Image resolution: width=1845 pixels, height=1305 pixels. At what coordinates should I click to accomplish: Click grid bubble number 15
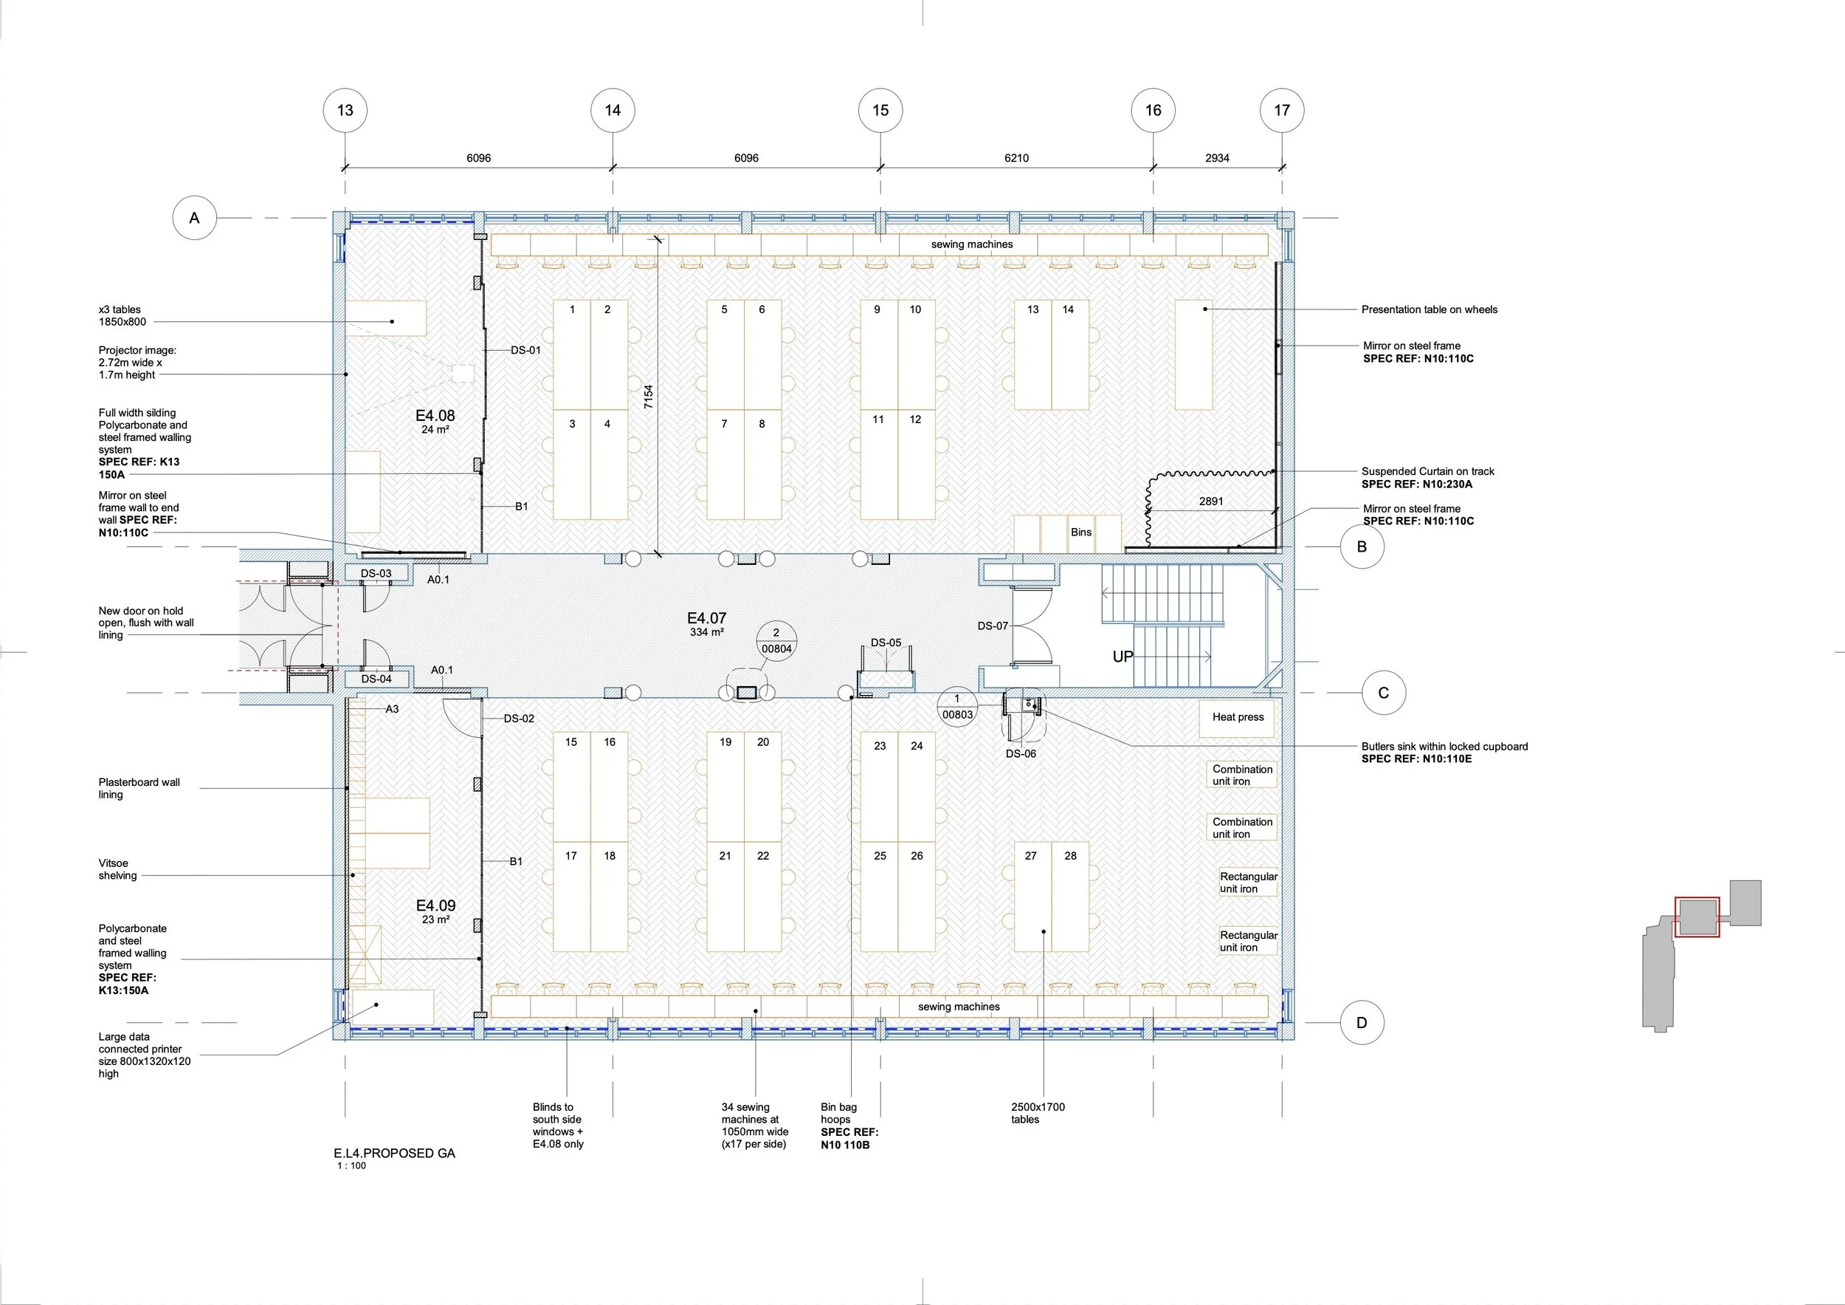pos(880,110)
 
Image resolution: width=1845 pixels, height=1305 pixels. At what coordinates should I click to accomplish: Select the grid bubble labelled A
pos(195,218)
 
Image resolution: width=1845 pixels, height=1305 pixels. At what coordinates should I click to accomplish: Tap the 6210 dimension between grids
pos(1015,158)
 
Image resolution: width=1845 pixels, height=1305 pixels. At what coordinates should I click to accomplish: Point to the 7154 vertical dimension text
pos(649,397)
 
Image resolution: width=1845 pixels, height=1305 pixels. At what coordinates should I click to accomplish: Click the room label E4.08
pos(435,416)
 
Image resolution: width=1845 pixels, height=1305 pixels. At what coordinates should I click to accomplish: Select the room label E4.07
pos(706,618)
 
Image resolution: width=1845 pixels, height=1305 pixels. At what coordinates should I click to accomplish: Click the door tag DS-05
pos(886,643)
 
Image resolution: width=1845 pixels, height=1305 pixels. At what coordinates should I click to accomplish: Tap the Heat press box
pos(1238,717)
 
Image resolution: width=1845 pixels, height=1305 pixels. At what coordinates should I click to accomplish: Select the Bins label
pos(1081,532)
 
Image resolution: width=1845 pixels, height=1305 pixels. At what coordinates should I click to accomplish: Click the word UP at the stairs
pos(1122,657)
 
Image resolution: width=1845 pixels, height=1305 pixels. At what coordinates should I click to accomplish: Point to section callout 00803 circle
pos(957,707)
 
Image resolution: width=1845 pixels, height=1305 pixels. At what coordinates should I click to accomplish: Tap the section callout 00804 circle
pos(776,641)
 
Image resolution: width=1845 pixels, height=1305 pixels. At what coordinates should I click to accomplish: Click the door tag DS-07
pos(993,626)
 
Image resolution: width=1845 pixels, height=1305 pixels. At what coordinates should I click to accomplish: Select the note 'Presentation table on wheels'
pos(1429,309)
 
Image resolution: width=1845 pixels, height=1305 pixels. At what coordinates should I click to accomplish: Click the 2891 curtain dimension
pos(1211,501)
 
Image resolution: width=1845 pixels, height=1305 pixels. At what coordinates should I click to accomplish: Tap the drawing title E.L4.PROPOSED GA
pos(395,1153)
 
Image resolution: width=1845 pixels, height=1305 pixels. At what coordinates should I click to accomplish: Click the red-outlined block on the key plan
pos(1697,917)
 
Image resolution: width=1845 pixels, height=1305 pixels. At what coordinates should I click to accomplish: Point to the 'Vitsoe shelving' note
pos(117,869)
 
